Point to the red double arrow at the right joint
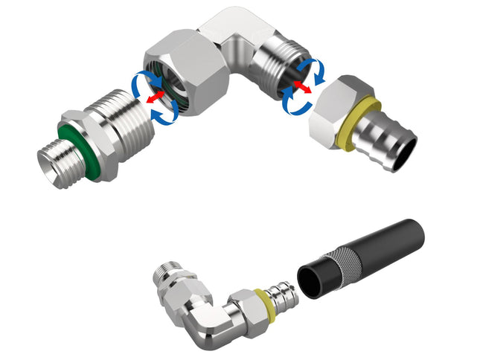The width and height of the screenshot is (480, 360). tap(301, 88)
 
